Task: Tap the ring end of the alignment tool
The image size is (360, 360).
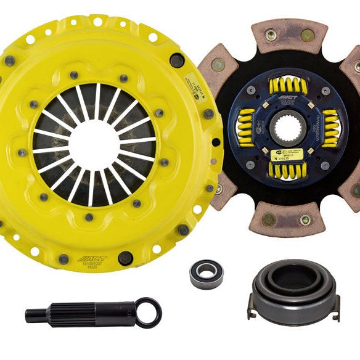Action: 148,313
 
